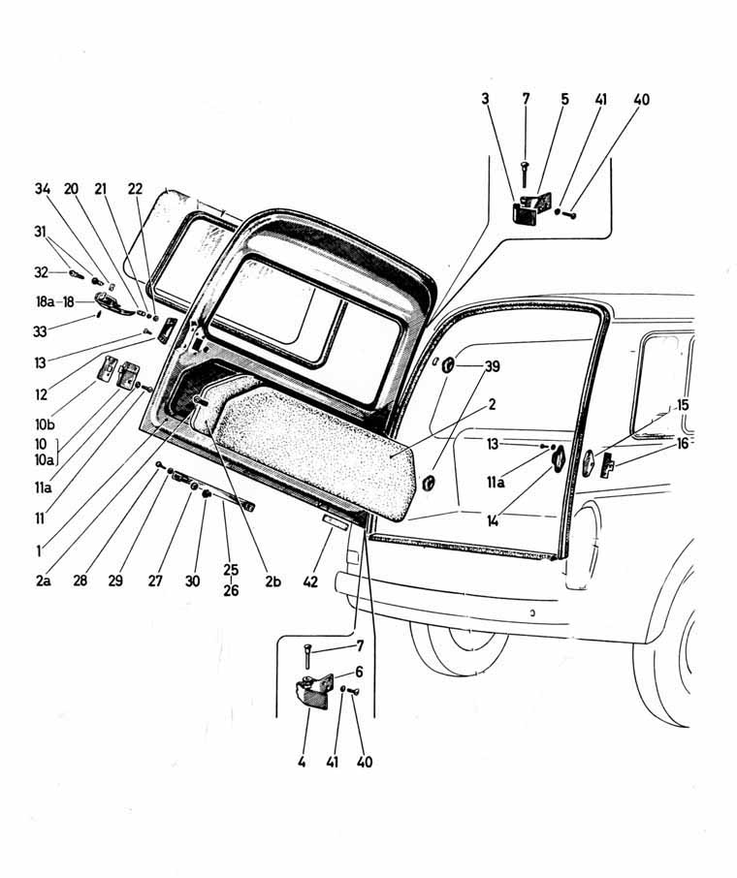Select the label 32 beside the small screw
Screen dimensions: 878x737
pos(42,273)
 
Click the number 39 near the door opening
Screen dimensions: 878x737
pos(494,366)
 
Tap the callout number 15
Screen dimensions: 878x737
pos(683,404)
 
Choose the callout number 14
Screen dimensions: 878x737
pos(495,520)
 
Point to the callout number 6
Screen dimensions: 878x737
pos(358,671)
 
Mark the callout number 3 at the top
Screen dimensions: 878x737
pos(484,98)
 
